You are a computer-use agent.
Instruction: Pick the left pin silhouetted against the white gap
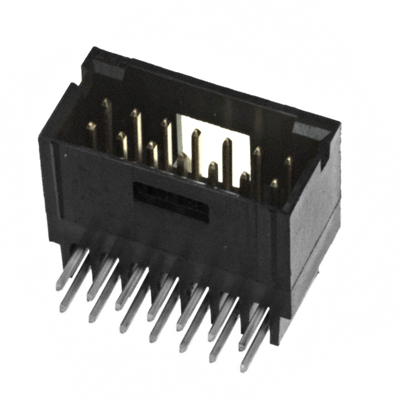point(196,150)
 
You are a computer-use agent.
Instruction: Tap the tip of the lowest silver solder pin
point(246,367)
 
